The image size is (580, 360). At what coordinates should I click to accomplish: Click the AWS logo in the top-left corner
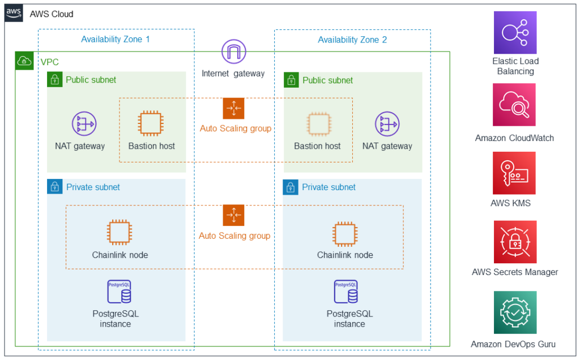tap(14, 14)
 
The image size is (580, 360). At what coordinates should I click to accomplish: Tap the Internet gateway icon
tap(233, 53)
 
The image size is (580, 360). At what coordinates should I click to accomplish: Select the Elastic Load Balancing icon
tap(515, 33)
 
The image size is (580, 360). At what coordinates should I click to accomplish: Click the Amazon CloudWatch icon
tap(514, 105)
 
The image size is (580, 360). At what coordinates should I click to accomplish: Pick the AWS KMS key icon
tap(514, 173)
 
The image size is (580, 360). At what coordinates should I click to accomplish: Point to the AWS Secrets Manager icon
tap(514, 242)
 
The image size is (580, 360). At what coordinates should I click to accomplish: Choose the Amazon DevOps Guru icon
tap(514, 312)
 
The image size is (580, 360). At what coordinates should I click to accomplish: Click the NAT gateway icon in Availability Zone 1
tap(84, 124)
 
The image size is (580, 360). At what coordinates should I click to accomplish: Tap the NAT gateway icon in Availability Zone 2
tap(387, 124)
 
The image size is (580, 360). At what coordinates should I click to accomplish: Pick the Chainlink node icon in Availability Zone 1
tap(120, 233)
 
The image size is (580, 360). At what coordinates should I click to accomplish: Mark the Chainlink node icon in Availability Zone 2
tap(345, 233)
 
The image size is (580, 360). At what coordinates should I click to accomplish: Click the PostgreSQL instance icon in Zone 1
tap(119, 292)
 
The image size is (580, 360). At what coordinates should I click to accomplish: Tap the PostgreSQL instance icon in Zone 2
tap(346, 292)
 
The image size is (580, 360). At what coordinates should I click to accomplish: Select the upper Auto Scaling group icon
tap(233, 108)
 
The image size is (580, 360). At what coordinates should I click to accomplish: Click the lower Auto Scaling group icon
tap(233, 216)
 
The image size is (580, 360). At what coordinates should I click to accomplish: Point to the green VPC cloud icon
tap(24, 61)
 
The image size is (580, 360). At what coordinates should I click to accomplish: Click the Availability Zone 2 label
tap(352, 40)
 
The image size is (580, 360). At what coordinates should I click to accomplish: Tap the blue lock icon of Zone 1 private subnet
tap(54, 187)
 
